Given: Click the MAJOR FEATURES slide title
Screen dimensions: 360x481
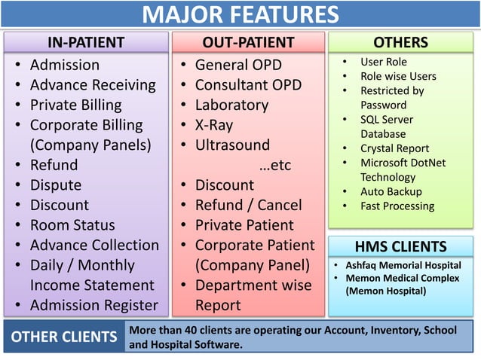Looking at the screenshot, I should [240, 15].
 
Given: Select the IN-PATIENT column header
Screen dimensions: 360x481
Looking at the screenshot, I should [86, 42].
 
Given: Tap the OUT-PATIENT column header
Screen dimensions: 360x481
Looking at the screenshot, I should [248, 42].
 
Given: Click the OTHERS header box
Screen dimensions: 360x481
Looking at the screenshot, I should [401, 42].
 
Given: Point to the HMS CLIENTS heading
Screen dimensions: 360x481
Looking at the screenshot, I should [401, 246].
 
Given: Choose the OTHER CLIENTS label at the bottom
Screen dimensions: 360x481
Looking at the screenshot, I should [63, 337].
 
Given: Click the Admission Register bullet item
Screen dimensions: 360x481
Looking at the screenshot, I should [93, 305].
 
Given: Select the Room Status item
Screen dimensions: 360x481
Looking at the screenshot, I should [72, 225].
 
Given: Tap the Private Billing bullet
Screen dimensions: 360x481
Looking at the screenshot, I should [75, 105].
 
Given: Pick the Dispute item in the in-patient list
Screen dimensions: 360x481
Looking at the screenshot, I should [55, 185].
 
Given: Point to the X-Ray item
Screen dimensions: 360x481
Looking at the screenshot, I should [214, 125].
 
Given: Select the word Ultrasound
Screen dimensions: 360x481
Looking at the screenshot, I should [232, 145].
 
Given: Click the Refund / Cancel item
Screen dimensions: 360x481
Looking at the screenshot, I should [248, 205].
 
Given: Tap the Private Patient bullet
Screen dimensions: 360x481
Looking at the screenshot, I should [244, 225].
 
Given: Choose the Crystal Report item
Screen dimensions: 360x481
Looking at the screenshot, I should [394, 148].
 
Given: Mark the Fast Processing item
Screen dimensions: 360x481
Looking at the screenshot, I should [397, 206].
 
